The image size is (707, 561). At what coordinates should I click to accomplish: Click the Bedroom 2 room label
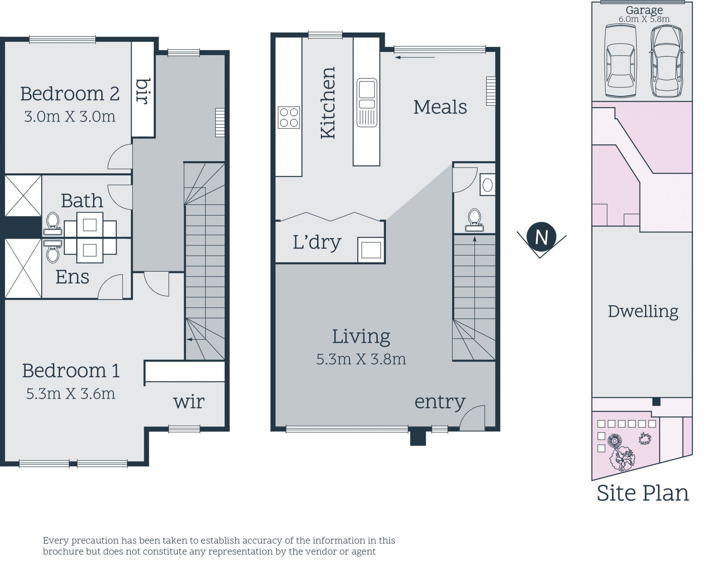[x=70, y=94]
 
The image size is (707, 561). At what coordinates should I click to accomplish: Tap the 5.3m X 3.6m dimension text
[x=71, y=394]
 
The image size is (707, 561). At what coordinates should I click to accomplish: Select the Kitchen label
[x=328, y=103]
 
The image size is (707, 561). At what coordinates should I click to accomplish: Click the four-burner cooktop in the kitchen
[x=289, y=117]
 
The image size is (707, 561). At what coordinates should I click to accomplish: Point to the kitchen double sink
[x=367, y=102]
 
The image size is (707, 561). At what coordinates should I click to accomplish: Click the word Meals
[x=440, y=107]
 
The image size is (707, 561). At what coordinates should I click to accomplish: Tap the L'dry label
[x=317, y=242]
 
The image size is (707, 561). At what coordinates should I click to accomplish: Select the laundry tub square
[x=371, y=250]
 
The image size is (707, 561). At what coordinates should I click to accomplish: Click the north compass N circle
[x=541, y=237]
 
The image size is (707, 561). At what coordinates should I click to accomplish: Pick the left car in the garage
[x=621, y=61]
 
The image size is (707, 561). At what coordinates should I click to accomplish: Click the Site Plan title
[x=643, y=493]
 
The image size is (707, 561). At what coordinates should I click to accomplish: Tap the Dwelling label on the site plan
[x=643, y=311]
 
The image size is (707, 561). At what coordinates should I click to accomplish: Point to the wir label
[x=189, y=402]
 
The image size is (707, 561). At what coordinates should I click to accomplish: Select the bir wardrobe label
[x=143, y=91]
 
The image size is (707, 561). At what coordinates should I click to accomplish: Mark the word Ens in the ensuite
[x=72, y=277]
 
